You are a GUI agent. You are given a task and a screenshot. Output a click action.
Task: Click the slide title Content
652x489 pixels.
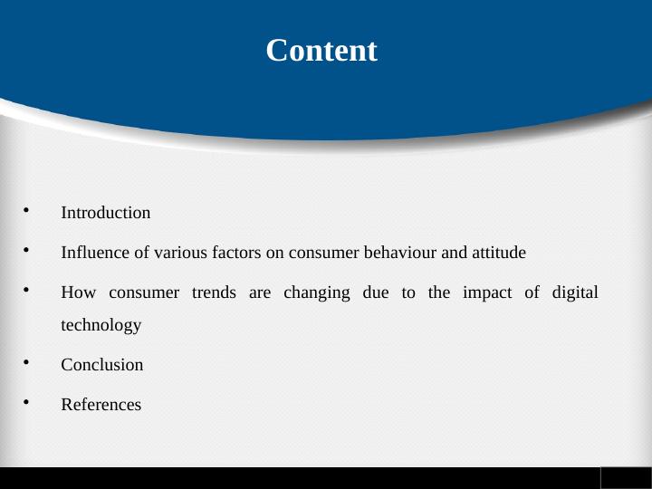[321, 51]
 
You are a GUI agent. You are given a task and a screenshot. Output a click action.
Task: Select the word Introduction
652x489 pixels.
[105, 214]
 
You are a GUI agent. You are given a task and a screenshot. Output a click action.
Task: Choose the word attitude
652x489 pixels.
[498, 253]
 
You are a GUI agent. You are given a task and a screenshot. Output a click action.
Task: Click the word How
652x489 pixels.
[75, 293]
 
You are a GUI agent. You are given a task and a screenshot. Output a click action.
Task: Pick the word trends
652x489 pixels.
[214, 293]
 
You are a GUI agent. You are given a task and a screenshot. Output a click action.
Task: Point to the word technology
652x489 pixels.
[101, 325]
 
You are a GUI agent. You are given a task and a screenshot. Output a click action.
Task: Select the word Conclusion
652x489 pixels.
[101, 366]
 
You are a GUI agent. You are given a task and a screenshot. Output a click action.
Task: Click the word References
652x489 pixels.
[101, 406]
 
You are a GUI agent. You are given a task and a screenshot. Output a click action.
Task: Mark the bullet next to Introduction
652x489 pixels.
[27, 212]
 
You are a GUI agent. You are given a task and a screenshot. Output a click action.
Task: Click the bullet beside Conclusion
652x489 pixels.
[27, 364]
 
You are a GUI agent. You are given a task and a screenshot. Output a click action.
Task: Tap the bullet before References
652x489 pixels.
[27, 404]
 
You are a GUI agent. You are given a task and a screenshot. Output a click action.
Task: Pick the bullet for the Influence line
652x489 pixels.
[27, 251]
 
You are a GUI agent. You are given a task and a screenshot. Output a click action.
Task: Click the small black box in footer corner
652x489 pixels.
[625, 477]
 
